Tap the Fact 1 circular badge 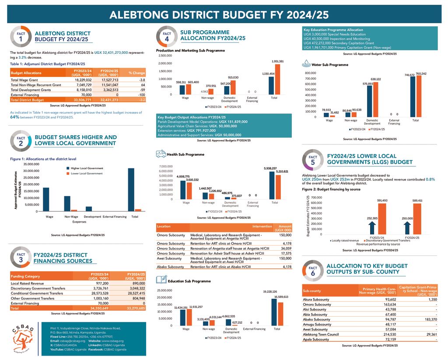20,36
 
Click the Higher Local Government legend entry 87,168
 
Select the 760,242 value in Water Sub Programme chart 421,74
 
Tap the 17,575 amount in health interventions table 285,253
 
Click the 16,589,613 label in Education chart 281,297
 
